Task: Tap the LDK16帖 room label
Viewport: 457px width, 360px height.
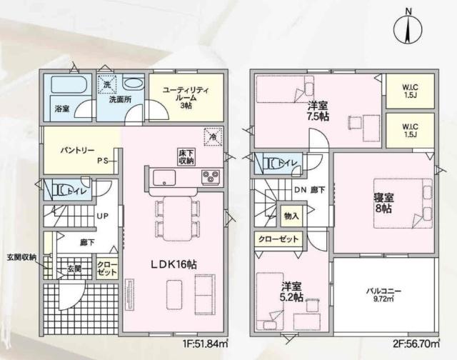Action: (x=173, y=264)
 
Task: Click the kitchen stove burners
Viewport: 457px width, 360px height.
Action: (x=210, y=176)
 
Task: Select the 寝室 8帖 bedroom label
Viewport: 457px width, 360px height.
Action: (x=382, y=203)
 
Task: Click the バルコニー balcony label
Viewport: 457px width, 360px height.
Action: (x=384, y=294)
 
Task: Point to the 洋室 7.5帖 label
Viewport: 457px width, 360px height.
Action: (x=318, y=110)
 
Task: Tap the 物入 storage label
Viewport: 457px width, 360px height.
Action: (x=291, y=215)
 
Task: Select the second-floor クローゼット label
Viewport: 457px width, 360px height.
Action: (x=278, y=239)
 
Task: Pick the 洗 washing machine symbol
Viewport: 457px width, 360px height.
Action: (x=106, y=84)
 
